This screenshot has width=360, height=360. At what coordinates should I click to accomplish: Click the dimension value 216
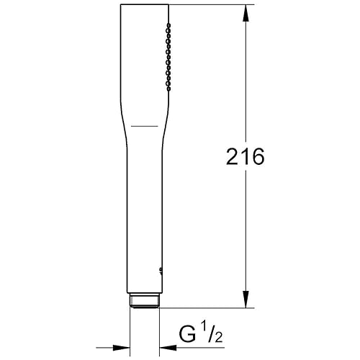coord(245,156)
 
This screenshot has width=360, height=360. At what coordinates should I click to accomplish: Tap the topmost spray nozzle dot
coord(168,24)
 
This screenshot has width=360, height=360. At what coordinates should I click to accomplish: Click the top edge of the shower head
coord(145,6)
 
